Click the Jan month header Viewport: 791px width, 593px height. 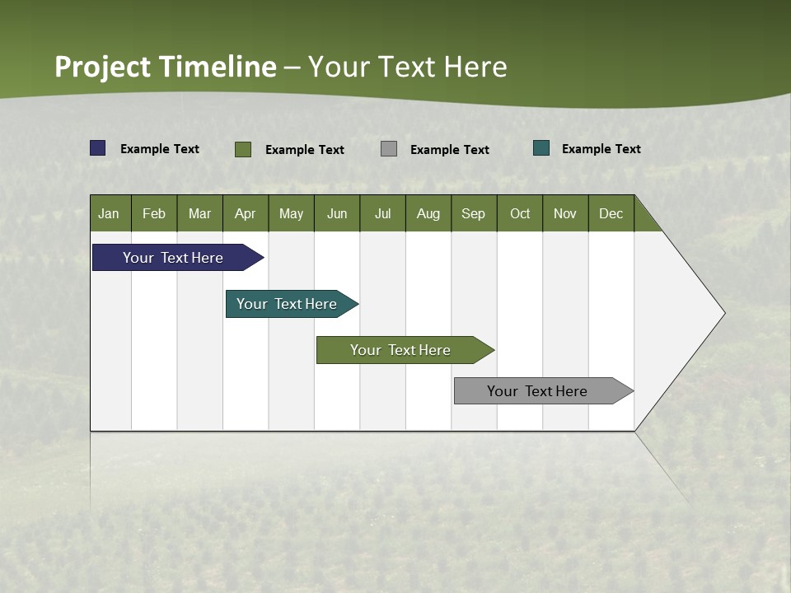[110, 213]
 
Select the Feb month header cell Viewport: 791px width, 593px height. [154, 213]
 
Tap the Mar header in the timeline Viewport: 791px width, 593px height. [199, 213]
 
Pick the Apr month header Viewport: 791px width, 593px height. [246, 213]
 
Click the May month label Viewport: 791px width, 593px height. [291, 213]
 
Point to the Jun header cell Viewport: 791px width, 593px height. [337, 213]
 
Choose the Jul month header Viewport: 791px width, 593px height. [382, 213]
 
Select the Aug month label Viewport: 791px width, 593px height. [428, 213]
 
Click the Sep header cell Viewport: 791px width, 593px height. [474, 213]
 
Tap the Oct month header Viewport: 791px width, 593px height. [520, 213]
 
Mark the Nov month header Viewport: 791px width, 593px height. [565, 213]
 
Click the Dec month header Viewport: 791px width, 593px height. [611, 213]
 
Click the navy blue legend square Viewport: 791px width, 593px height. [98, 148]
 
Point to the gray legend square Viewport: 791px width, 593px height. [389, 149]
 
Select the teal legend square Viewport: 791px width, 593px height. [541, 148]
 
